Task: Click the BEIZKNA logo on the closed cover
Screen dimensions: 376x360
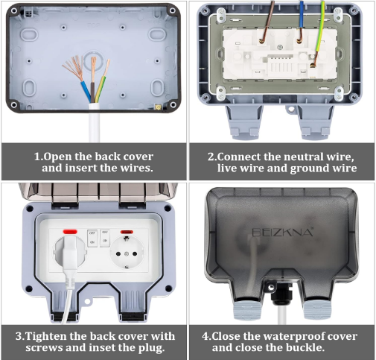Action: [x=283, y=233]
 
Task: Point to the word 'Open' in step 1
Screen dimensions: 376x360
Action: [x=57, y=157]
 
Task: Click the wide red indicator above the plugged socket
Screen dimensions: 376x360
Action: [x=70, y=232]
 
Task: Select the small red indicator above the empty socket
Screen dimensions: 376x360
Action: [x=127, y=232]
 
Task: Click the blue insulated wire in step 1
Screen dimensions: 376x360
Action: [x=86, y=92]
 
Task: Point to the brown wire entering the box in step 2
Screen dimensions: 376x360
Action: [x=267, y=21]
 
